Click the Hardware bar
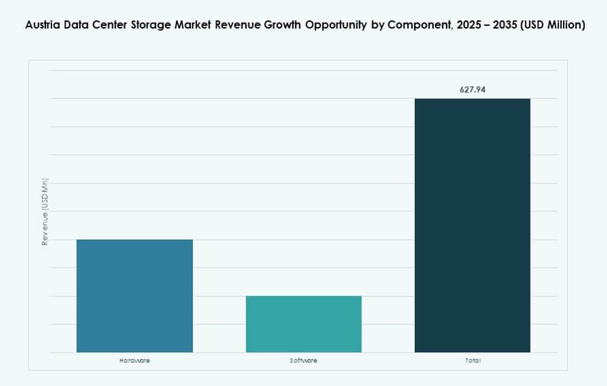(134, 295)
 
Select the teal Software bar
(303, 324)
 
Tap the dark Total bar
(472, 225)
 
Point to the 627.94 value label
(472, 89)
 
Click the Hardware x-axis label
(134, 360)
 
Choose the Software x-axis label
(303, 360)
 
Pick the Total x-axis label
(472, 360)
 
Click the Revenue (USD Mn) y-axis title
(45, 212)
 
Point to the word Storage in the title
(157, 25)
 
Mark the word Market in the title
(202, 25)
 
